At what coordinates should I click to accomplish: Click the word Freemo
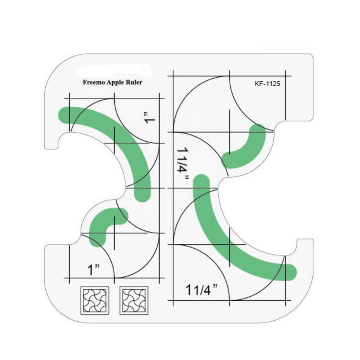[93, 82]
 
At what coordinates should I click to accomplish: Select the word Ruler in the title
[134, 82]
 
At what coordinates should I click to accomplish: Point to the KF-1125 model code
[267, 84]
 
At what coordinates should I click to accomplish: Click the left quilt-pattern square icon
[95, 300]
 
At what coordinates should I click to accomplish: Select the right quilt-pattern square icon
[133, 300]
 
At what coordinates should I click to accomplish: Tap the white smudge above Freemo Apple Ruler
[112, 70]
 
